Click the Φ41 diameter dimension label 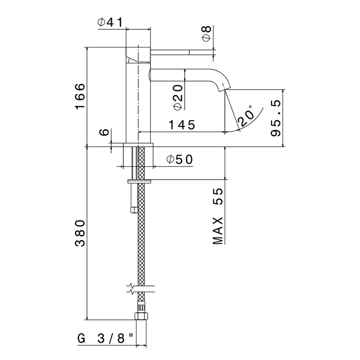[111, 22]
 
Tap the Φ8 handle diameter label [207, 33]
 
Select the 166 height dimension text [80, 97]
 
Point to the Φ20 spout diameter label [178, 97]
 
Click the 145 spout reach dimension [182, 124]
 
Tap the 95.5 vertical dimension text [276, 118]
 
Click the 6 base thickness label [105, 132]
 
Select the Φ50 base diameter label [180, 159]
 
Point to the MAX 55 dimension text [218, 216]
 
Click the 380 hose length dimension [80, 233]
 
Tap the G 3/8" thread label [105, 338]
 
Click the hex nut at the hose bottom [141, 316]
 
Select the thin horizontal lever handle [182, 52]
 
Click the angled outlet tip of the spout [224, 88]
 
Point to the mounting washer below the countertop [139, 182]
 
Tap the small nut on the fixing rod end [133, 210]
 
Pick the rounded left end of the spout [151, 75]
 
